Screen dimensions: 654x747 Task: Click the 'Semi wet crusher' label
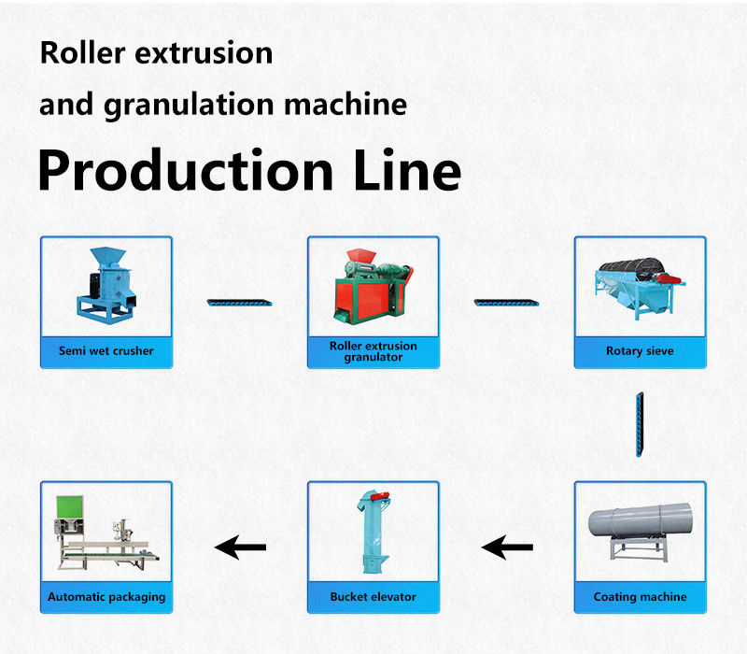[x=106, y=351]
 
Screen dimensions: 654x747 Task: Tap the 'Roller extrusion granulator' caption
[x=373, y=351]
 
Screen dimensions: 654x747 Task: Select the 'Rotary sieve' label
[x=640, y=351]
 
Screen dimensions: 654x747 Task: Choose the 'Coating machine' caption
[x=640, y=596]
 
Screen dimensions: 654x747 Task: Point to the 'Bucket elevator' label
[x=373, y=596]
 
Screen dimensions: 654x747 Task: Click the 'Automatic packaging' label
[x=106, y=596]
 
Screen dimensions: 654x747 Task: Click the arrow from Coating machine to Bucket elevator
[x=506, y=547]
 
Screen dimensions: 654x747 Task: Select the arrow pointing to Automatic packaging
[x=240, y=547]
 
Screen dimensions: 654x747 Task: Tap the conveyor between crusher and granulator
[x=240, y=302]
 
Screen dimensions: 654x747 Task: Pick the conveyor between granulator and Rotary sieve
[x=506, y=302]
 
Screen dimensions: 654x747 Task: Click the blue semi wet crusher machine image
[x=106, y=281]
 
